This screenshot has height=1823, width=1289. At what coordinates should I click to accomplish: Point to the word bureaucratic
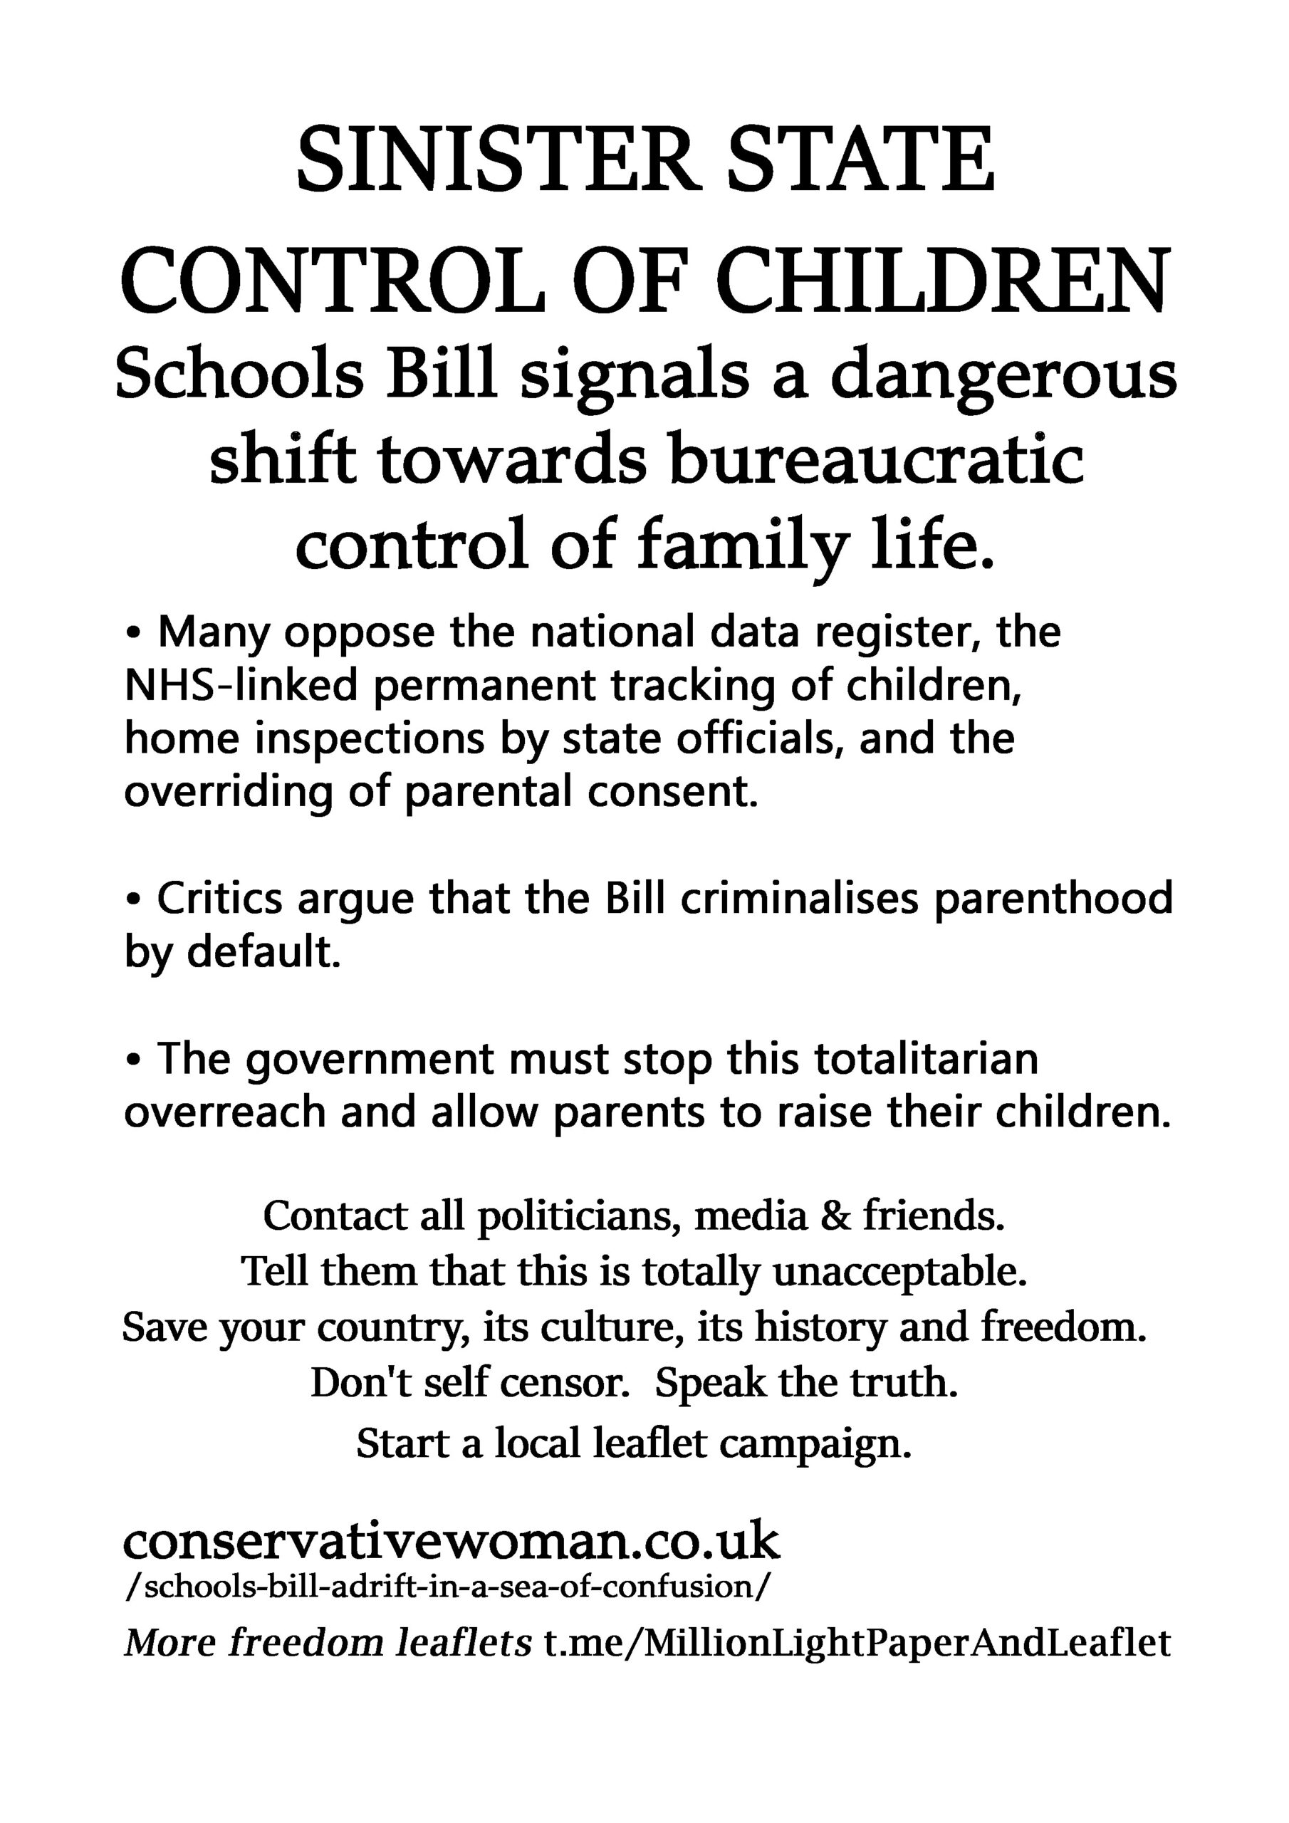(x=875, y=461)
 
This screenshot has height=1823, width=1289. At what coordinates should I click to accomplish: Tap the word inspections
(x=370, y=739)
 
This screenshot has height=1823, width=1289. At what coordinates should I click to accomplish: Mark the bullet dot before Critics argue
(x=133, y=900)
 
